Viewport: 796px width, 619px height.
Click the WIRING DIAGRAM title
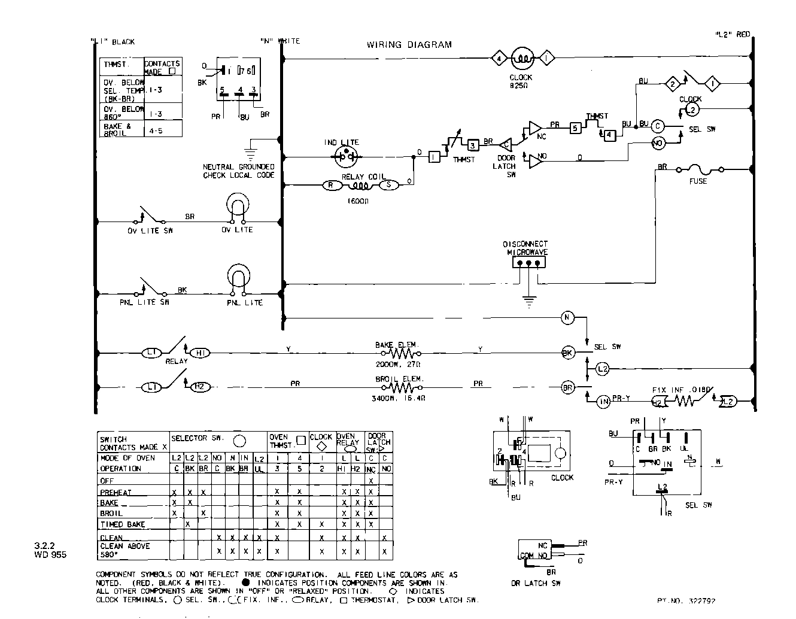(409, 45)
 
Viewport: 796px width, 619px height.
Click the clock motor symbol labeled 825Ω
(521, 59)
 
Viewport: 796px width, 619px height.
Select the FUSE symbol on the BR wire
(698, 170)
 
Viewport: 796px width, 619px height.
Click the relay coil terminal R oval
(331, 185)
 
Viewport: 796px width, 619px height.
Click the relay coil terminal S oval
(388, 185)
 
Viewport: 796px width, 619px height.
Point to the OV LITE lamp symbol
(237, 208)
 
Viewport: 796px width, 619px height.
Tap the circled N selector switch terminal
(567, 317)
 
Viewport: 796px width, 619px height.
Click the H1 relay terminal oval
(200, 353)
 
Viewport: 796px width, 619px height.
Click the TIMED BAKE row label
(123, 524)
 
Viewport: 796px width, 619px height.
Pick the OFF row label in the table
(107, 481)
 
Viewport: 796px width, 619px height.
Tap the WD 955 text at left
(50, 555)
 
